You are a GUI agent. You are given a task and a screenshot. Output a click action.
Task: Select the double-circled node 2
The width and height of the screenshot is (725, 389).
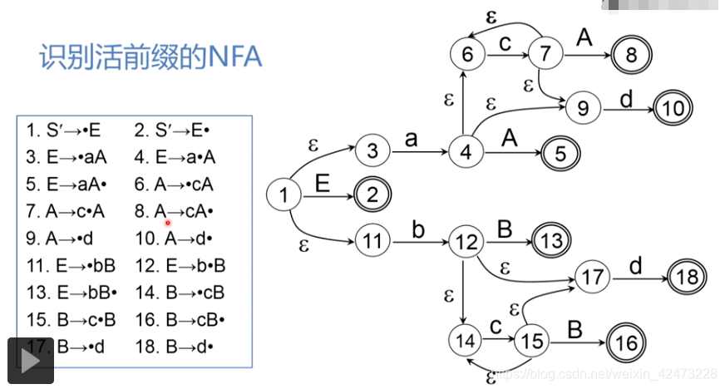[373, 195]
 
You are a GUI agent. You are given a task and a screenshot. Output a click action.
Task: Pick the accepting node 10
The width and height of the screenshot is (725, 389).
[673, 107]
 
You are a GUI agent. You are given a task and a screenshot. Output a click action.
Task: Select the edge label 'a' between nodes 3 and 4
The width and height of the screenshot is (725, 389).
[411, 139]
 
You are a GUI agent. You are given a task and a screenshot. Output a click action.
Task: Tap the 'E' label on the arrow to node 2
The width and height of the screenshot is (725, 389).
[323, 184]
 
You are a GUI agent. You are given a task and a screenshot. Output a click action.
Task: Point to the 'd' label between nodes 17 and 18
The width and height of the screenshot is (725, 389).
[635, 265]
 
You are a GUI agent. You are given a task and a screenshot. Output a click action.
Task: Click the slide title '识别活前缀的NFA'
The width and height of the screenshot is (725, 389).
[151, 57]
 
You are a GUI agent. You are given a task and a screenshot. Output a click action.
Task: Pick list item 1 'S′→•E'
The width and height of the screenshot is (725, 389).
[63, 130]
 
